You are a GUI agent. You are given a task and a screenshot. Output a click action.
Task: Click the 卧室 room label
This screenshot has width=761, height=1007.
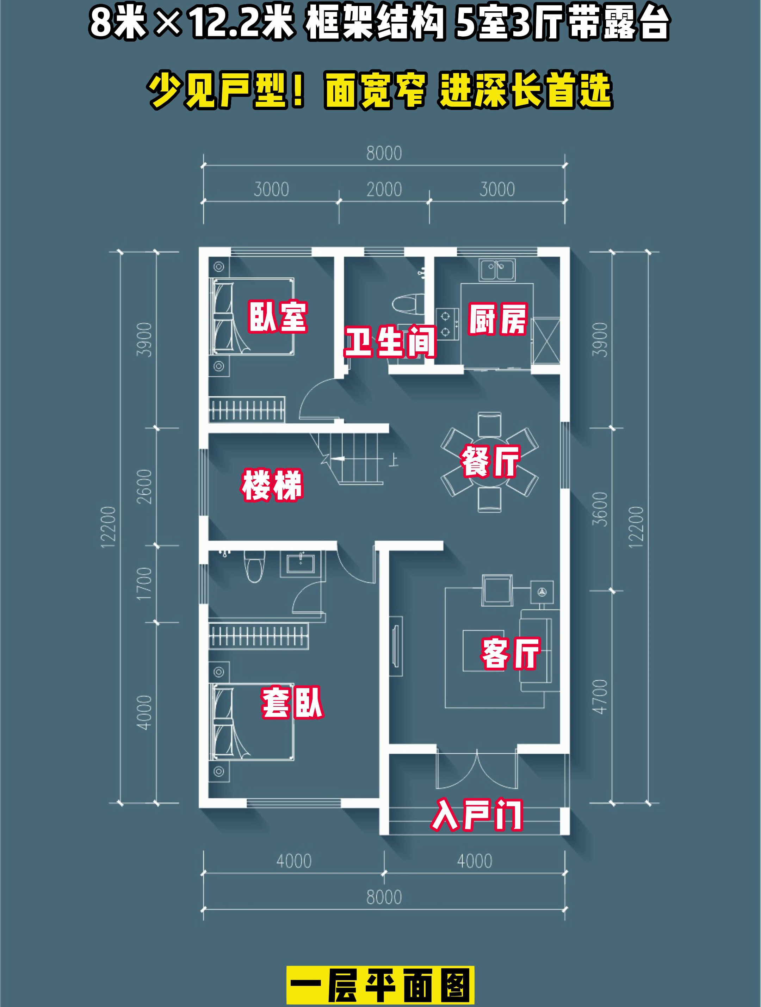[278, 316]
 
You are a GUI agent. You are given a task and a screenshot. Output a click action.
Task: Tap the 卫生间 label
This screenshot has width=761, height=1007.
[390, 341]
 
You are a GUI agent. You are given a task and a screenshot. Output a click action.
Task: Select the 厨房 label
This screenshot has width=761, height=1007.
[498, 319]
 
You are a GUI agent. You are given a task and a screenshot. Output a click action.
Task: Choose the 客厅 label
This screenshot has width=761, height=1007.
[511, 653]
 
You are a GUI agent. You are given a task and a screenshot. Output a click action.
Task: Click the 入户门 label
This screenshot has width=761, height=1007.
[477, 814]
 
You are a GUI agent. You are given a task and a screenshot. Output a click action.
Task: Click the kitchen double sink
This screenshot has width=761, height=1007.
[497, 270]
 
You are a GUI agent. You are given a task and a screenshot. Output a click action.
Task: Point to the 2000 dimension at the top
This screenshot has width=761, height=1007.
[384, 189]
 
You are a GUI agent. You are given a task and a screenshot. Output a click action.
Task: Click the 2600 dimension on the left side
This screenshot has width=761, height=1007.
[144, 487]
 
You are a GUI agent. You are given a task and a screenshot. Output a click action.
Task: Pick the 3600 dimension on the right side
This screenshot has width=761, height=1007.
[599, 509]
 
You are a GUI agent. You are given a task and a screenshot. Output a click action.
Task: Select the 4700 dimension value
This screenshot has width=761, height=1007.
[599, 697]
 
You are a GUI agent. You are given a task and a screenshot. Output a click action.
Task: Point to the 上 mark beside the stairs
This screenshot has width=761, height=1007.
[393, 460]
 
